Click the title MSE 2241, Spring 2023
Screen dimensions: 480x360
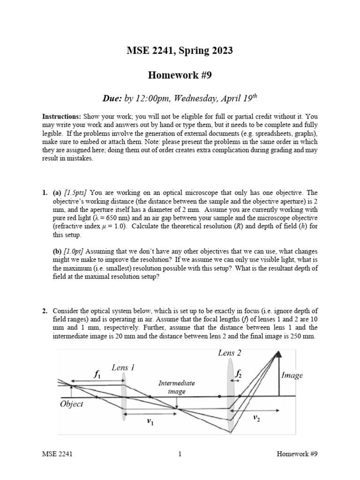tap(180, 51)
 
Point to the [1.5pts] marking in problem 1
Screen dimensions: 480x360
tap(75, 193)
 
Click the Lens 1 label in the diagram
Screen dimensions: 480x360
tap(123, 368)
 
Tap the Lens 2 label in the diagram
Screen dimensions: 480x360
tap(229, 352)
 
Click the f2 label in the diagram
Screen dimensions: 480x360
tap(238, 374)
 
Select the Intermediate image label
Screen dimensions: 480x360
tap(176, 387)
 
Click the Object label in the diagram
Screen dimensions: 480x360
tap(72, 404)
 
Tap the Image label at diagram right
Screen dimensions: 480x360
tap(292, 375)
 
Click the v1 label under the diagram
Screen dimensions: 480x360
tap(150, 421)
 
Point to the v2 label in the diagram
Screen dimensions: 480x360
tap(256, 417)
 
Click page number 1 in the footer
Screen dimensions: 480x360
tap(180, 454)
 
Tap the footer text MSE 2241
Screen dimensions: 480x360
tap(57, 454)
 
